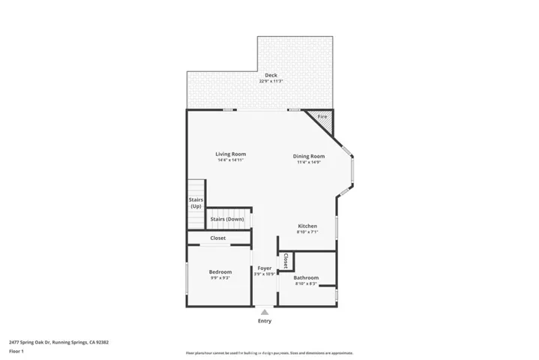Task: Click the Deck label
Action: pyautogui.click(x=271, y=76)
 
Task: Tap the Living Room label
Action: pyautogui.click(x=231, y=154)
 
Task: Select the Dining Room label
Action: pyautogui.click(x=308, y=156)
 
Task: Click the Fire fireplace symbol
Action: pyautogui.click(x=322, y=117)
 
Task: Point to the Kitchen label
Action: pyautogui.click(x=307, y=226)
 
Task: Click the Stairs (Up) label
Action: pyautogui.click(x=196, y=202)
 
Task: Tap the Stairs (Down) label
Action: pyautogui.click(x=226, y=219)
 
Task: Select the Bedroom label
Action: pyautogui.click(x=220, y=271)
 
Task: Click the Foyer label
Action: pyautogui.click(x=265, y=268)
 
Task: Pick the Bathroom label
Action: pyautogui.click(x=306, y=277)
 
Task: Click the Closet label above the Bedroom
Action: pyautogui.click(x=218, y=238)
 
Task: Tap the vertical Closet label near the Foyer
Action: pyautogui.click(x=286, y=261)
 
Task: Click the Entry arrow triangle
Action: pyautogui.click(x=265, y=311)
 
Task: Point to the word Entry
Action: pyautogui.click(x=265, y=321)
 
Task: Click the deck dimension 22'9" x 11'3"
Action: pyautogui.click(x=271, y=81)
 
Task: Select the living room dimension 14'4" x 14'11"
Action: pyautogui.click(x=231, y=160)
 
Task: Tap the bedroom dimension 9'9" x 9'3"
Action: pyautogui.click(x=220, y=277)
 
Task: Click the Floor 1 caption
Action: pyautogui.click(x=16, y=351)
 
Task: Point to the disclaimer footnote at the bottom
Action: pyautogui.click(x=269, y=352)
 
